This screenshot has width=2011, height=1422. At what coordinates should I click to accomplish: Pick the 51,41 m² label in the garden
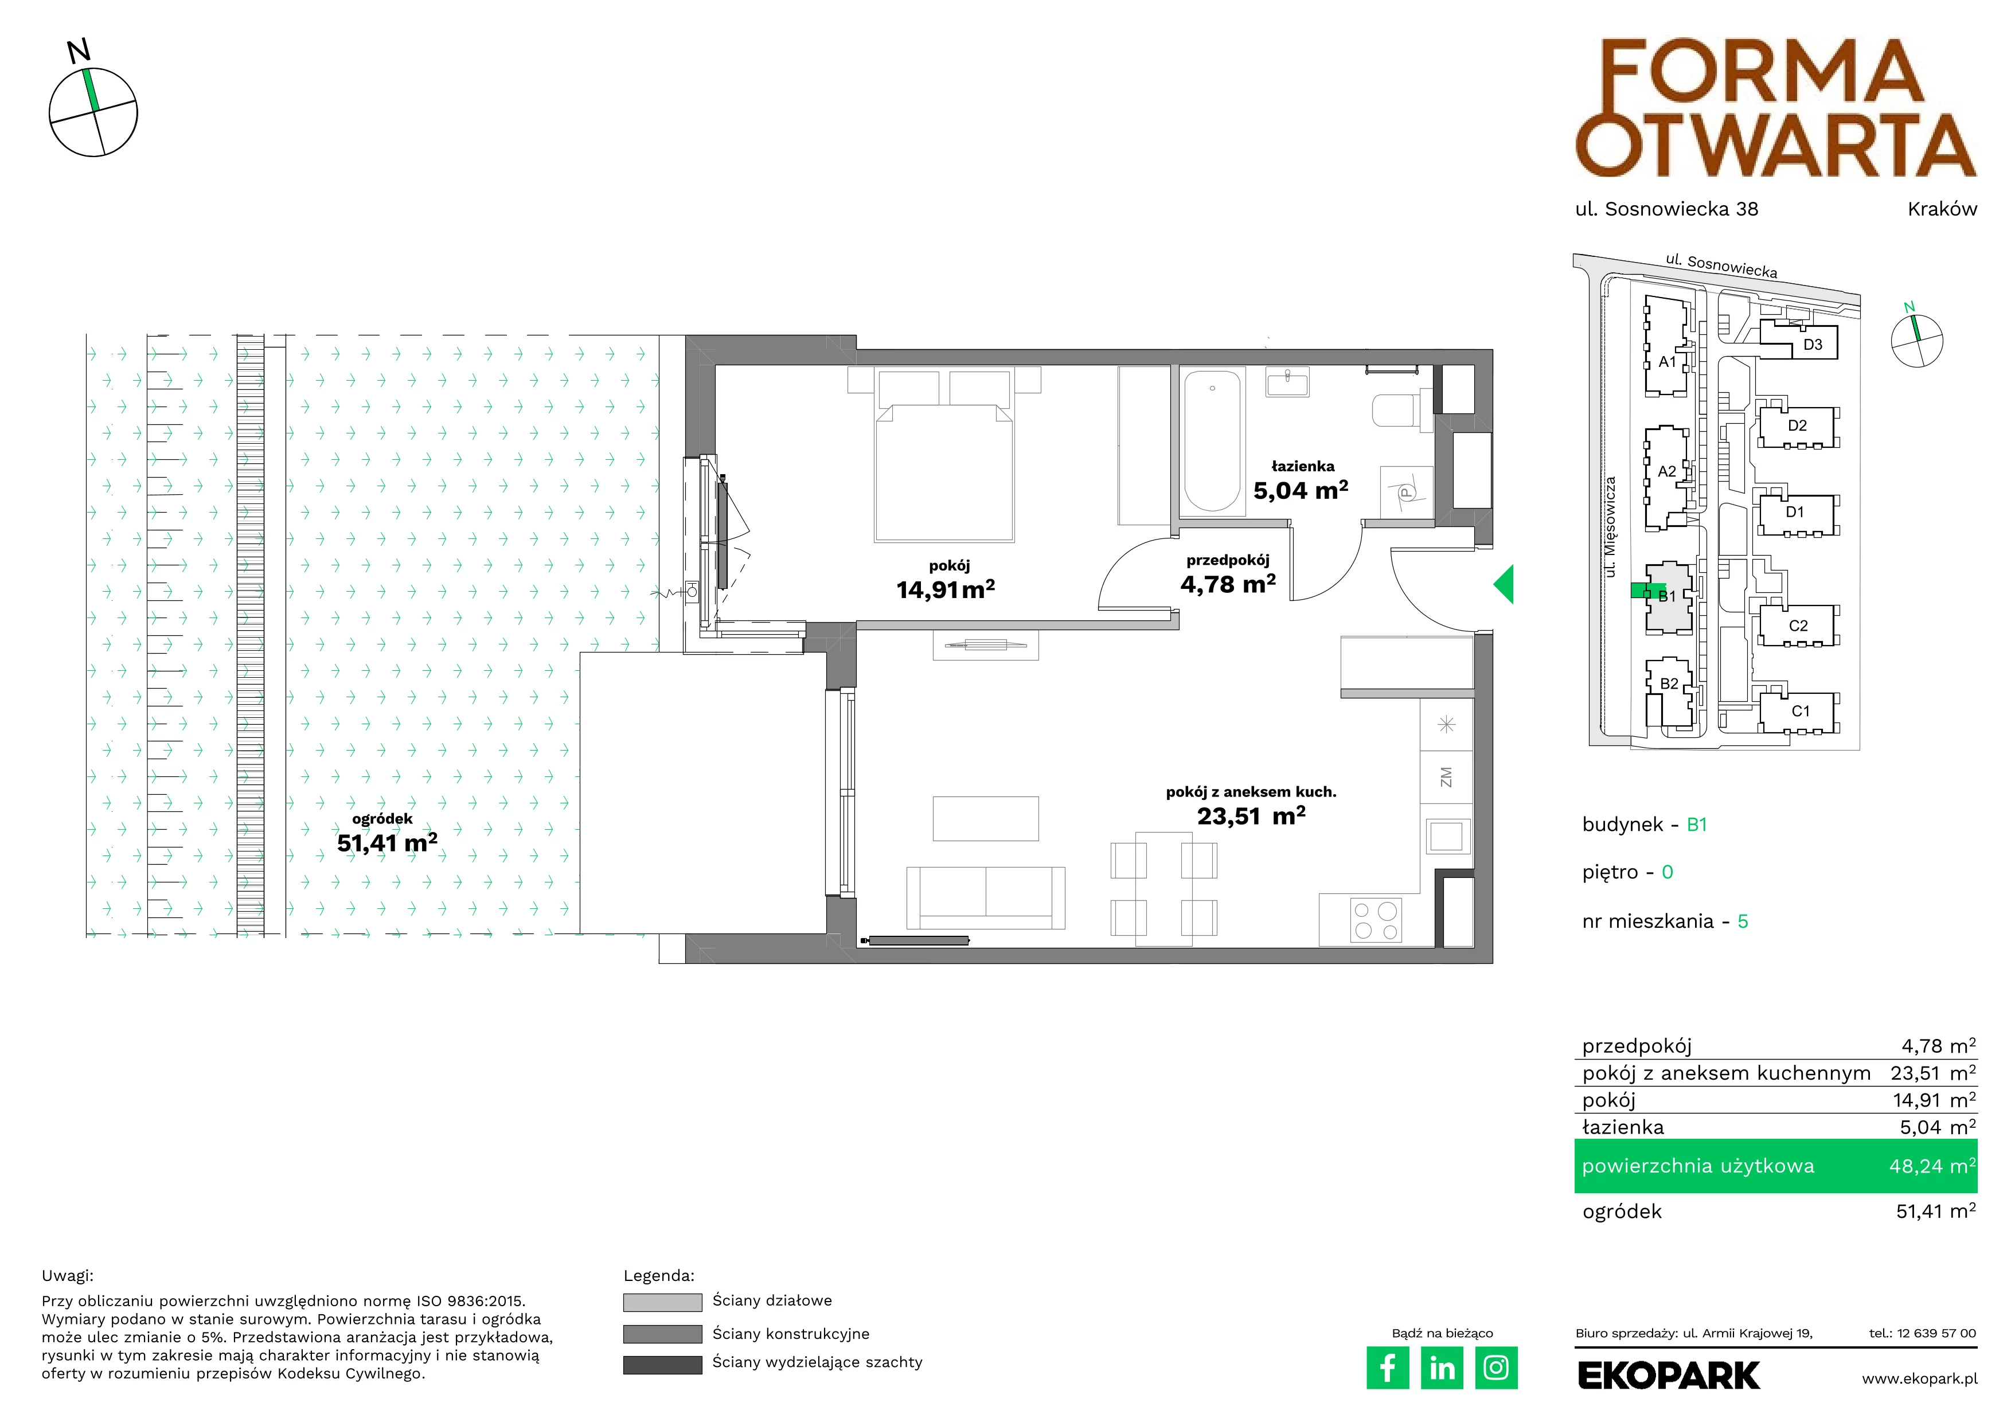point(387,842)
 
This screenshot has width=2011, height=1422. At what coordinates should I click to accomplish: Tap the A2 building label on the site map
point(1667,471)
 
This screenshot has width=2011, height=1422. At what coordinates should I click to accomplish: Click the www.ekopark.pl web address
point(1919,1378)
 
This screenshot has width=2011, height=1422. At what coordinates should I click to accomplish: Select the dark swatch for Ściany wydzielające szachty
point(662,1365)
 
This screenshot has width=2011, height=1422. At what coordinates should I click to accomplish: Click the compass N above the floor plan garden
point(80,51)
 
